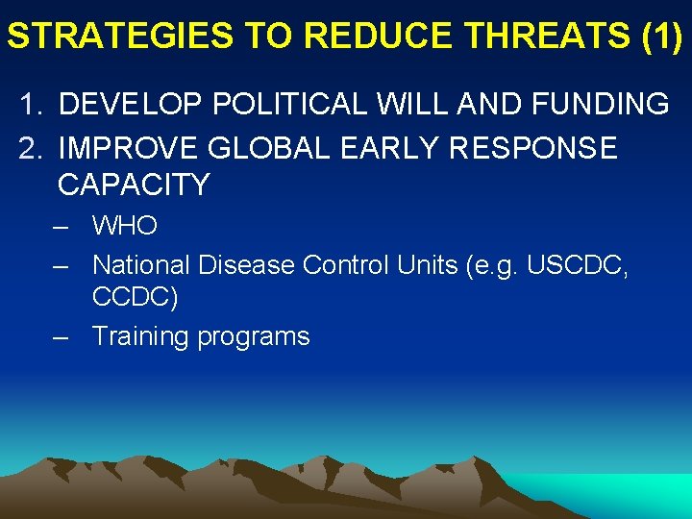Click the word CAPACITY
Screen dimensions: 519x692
click(134, 185)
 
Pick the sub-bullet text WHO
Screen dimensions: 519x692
click(125, 227)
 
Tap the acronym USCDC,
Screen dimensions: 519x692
click(581, 264)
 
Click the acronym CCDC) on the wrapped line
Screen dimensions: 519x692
click(135, 298)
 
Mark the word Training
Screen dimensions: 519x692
click(140, 336)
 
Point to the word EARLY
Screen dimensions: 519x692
click(399, 148)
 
